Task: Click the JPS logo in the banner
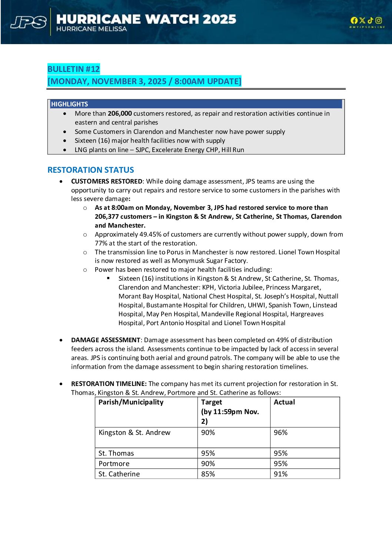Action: tap(29, 22)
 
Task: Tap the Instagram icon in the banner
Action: tap(379, 20)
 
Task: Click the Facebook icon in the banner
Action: tap(354, 20)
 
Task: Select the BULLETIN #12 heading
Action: tap(74, 69)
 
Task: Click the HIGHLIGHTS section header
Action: tap(70, 104)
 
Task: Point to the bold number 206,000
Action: tap(120, 113)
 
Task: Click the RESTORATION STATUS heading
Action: tap(91, 170)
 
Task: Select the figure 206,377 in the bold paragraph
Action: tap(106, 217)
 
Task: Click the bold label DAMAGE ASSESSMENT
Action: tap(106, 340)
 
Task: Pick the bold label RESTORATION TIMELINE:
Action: tap(109, 384)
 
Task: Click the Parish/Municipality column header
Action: tap(131, 402)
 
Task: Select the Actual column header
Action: tap(284, 402)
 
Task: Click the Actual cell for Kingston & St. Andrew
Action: tap(280, 433)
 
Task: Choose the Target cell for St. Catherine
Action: tap(208, 474)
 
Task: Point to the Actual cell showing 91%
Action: tap(280, 474)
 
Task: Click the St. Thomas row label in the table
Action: tap(116, 453)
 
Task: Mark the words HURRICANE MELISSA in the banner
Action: tap(92, 29)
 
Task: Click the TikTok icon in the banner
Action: tap(371, 20)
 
